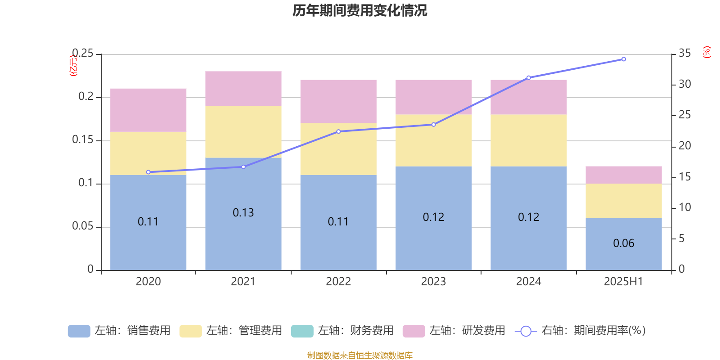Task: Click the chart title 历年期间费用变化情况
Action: (360, 10)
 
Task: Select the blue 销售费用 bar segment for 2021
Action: (243, 234)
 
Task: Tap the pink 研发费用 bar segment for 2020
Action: (148, 110)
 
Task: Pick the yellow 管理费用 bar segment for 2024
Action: (529, 140)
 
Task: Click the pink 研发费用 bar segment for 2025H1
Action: (624, 175)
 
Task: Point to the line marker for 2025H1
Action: (624, 59)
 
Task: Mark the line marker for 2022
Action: (338, 131)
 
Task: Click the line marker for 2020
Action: (148, 172)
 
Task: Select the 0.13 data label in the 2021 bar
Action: (243, 212)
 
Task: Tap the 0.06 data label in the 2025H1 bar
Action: (624, 243)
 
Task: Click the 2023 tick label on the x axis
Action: (433, 282)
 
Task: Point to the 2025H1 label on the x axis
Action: (623, 282)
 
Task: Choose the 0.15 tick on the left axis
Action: (83, 140)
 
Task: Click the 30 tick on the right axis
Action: (684, 84)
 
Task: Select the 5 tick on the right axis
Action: (681, 238)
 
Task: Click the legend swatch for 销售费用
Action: (79, 331)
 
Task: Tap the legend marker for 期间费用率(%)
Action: (526, 331)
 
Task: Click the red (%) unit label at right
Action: (706, 52)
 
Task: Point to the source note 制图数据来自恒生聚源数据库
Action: (360, 355)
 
